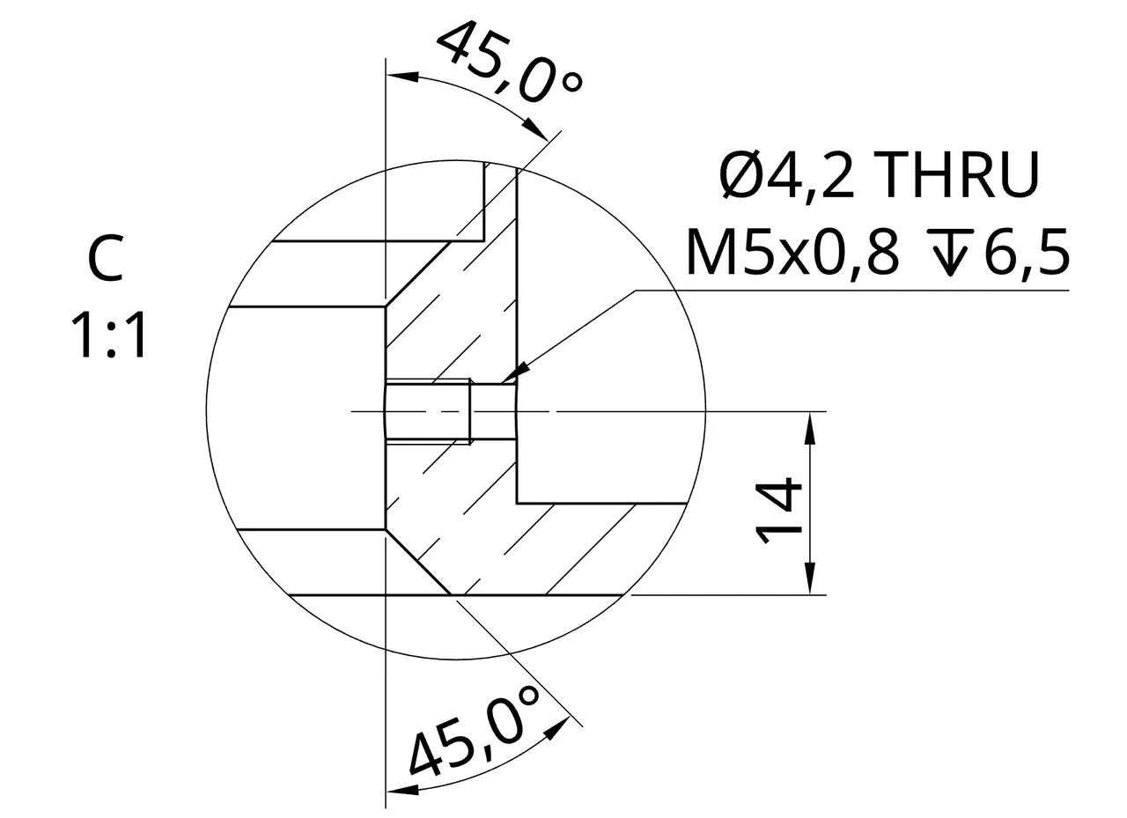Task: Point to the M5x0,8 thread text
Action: coord(792,252)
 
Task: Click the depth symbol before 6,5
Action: coord(950,252)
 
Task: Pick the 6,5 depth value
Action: coord(1027,252)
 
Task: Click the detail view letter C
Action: coord(105,259)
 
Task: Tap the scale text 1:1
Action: coord(108,335)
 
